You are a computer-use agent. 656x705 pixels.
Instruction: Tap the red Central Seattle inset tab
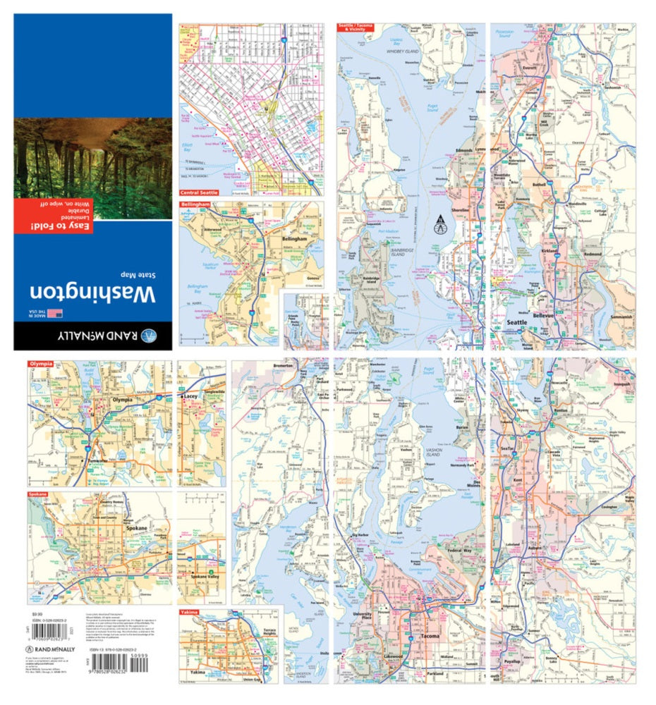coord(199,192)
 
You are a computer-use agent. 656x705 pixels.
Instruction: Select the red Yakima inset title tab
coord(188,612)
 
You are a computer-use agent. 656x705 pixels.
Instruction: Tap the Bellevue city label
coord(546,317)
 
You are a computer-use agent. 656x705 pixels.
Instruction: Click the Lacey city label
coord(190,397)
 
